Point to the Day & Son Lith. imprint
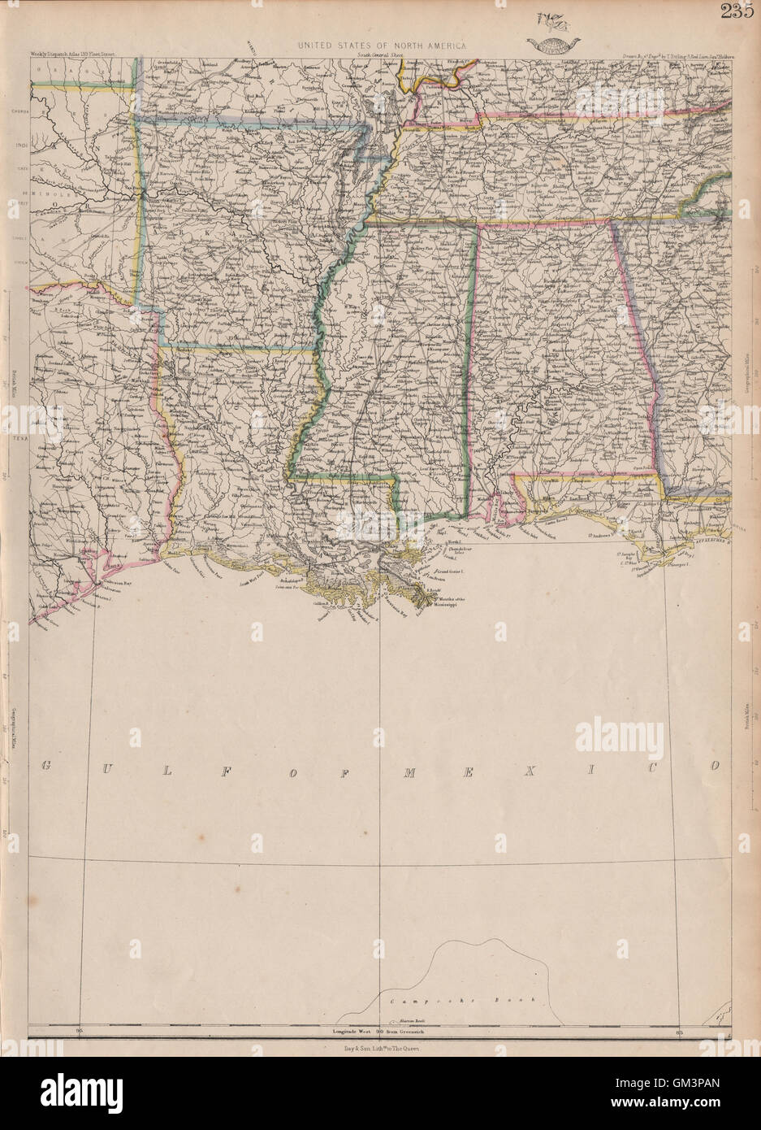click(x=380, y=1049)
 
